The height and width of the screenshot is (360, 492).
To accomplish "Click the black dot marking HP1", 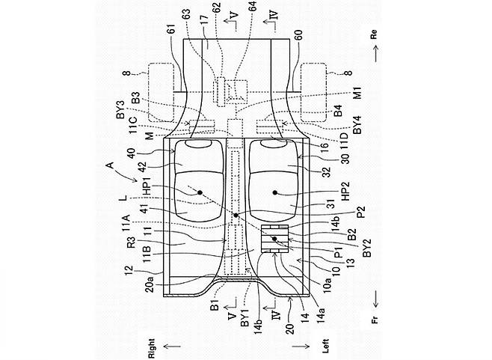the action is coord(200,192).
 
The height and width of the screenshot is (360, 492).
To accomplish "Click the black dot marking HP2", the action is coord(275,192).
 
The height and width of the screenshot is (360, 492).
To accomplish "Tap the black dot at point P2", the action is coord(236,216).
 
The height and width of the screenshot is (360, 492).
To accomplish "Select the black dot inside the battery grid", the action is coord(274,239).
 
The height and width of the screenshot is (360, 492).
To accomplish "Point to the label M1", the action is coord(357,94).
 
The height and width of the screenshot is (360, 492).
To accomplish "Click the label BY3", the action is coord(120,109).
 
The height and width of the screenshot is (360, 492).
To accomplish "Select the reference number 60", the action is coord(298,34).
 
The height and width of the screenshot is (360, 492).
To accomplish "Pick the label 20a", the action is coord(150,283).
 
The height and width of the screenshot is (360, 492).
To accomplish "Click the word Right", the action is coord(152,348).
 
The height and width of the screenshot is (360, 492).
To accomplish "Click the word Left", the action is coord(326,346).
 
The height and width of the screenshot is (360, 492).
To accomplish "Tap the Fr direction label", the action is coord(375,320).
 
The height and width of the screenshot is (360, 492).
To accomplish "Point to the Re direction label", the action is coord(373,34).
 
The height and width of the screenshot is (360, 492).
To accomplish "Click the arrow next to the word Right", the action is coord(172,347).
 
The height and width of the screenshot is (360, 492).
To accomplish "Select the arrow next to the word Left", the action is coord(301,347).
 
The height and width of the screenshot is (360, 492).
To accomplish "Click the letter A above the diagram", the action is coord(110,165).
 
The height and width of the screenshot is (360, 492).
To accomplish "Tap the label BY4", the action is coord(357,125).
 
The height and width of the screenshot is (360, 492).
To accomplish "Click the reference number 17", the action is coord(204,22).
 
